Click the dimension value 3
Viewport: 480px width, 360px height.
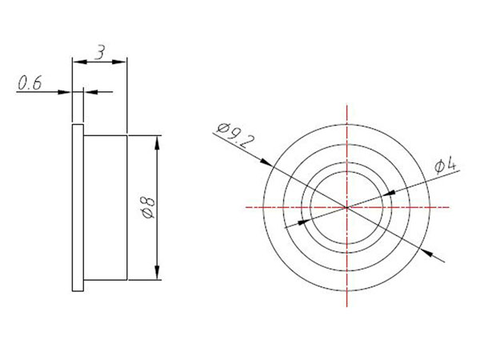(x=99, y=53)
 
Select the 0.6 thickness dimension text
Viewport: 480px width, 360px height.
(x=30, y=83)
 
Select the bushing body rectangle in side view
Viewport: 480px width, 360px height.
(x=104, y=208)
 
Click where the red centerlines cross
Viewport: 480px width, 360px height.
(x=347, y=207)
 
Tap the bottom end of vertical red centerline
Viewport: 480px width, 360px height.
(x=347, y=311)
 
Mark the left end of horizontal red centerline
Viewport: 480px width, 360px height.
(x=245, y=207)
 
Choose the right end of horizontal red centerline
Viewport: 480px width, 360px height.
(x=449, y=207)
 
